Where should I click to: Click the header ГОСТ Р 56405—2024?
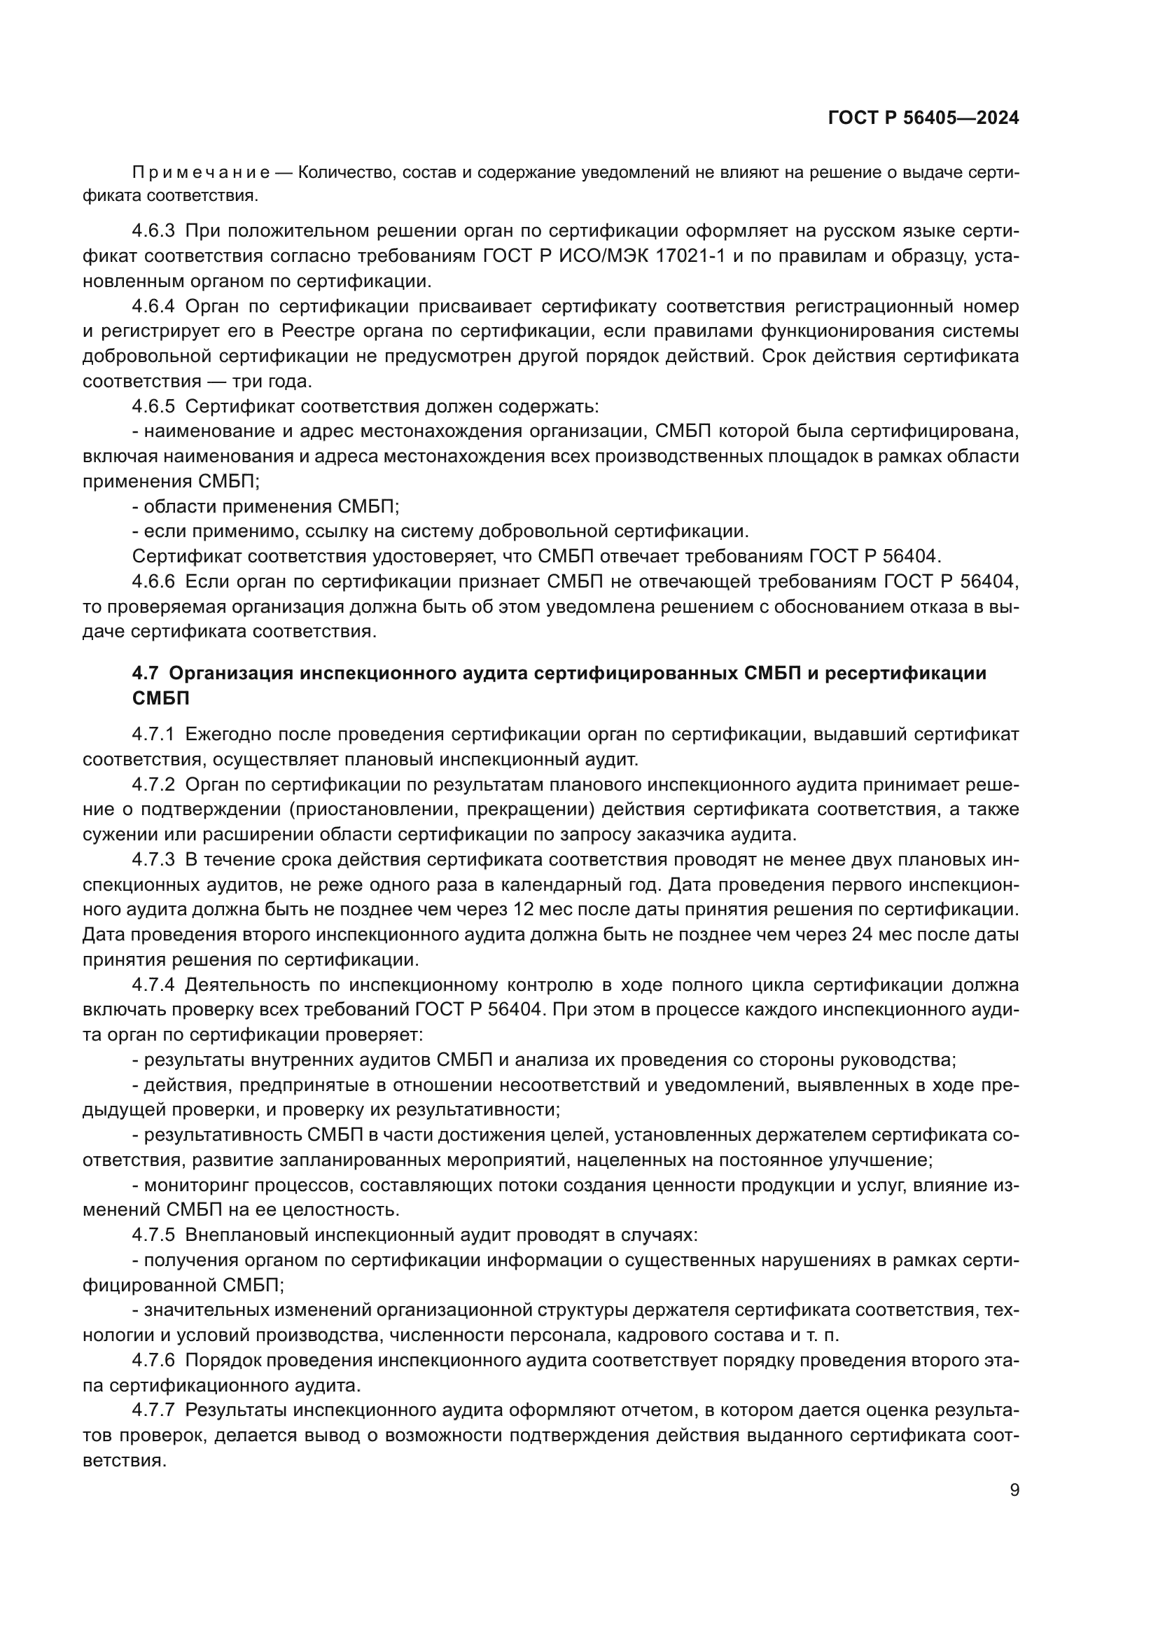click(923, 118)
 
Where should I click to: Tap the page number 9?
click(1014, 1490)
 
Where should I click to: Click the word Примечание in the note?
click(201, 173)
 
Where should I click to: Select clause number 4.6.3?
click(153, 231)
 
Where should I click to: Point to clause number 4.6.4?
click(153, 307)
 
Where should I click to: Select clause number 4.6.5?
click(153, 407)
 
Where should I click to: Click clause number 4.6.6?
click(153, 582)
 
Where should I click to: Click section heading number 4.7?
click(146, 674)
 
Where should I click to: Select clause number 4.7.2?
click(153, 785)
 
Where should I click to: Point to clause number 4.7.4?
click(153, 985)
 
